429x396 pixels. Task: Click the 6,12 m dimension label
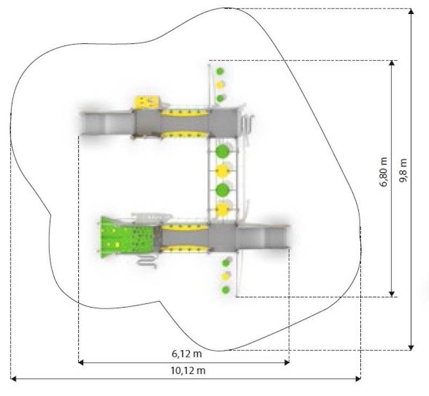(x=187, y=354)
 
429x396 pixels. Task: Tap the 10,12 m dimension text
(x=188, y=371)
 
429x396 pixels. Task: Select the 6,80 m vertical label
(x=383, y=172)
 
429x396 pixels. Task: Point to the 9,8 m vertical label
(x=403, y=170)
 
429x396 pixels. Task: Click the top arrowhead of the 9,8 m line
(x=411, y=11)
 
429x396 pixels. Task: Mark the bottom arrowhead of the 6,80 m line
(x=392, y=294)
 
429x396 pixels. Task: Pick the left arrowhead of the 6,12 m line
(x=82, y=362)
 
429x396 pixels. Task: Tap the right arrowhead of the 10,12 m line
(x=358, y=379)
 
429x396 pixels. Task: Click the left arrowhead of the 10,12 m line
(x=13, y=379)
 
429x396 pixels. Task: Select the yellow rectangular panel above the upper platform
(x=146, y=101)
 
